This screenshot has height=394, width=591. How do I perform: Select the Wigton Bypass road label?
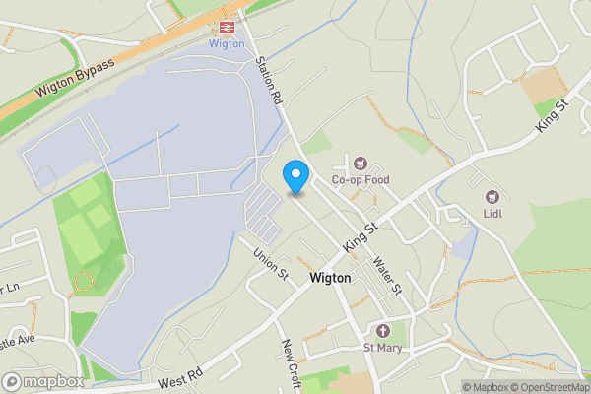pyautogui.click(x=76, y=78)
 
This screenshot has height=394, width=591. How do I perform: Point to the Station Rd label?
pyautogui.click(x=269, y=81)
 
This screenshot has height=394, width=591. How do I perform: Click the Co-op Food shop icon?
pyautogui.click(x=361, y=163)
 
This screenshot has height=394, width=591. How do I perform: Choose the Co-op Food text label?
pyautogui.click(x=361, y=180)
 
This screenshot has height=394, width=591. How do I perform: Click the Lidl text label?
pyautogui.click(x=492, y=212)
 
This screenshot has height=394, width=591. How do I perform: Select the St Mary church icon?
pyautogui.click(x=384, y=330)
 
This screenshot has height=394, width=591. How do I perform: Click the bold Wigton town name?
pyautogui.click(x=330, y=278)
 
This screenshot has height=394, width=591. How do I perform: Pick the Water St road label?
pyautogui.click(x=388, y=276)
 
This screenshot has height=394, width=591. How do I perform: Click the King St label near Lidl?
pyautogui.click(x=554, y=116)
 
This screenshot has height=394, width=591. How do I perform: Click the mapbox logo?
pyautogui.click(x=43, y=381)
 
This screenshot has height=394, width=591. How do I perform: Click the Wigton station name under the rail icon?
pyautogui.click(x=227, y=44)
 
